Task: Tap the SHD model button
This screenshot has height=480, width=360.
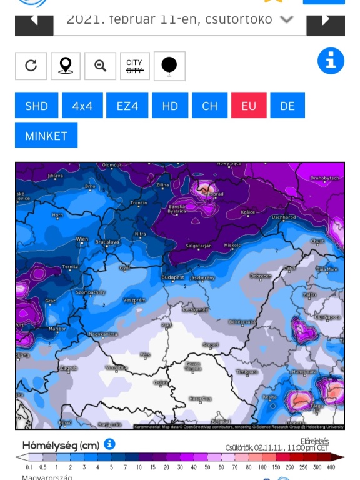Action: coord(36,106)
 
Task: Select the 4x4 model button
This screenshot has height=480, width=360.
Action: coord(82,106)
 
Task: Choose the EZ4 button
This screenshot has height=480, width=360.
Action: coord(127,106)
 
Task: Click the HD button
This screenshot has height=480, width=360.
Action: coord(170,106)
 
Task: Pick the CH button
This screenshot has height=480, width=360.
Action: coord(209,106)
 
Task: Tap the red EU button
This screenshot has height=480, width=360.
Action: coord(249,106)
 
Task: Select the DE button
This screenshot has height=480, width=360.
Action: coord(287,106)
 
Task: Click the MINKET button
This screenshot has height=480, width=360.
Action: coord(46,136)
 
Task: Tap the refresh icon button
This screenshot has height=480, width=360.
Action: coord(31,66)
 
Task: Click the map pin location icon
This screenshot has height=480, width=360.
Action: coord(65,66)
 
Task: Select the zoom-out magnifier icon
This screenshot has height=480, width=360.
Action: coord(100,66)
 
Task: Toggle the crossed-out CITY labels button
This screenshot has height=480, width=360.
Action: coord(134,66)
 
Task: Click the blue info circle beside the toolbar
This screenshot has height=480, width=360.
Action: coord(331,61)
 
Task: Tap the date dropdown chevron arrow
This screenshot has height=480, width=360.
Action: coord(286,19)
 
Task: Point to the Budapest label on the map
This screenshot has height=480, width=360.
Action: coord(172,277)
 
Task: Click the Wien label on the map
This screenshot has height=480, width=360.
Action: coord(82,239)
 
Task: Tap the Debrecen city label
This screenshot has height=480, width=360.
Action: coord(260,276)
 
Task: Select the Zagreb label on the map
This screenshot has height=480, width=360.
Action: coord(68,369)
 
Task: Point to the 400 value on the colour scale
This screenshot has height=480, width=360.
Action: coord(330,467)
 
